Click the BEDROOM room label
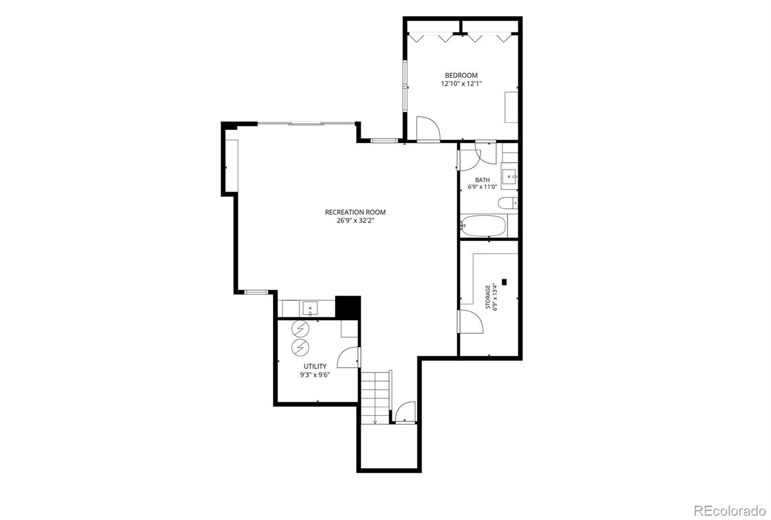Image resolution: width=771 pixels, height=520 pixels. [461, 75]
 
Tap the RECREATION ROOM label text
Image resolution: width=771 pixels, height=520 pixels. [355, 213]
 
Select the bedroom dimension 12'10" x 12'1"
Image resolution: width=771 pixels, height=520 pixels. [461, 84]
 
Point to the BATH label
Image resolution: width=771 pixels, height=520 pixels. [482, 180]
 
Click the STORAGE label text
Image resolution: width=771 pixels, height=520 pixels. [488, 297]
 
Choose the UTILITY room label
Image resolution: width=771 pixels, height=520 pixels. [315, 366]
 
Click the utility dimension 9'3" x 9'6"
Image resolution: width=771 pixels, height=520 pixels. [315, 375]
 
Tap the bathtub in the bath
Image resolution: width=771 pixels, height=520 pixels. [483, 226]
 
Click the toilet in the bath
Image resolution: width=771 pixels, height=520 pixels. [508, 203]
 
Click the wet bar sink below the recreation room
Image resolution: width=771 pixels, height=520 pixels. [310, 308]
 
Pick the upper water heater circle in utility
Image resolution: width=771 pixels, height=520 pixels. [300, 329]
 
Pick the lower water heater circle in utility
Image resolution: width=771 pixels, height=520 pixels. [300, 347]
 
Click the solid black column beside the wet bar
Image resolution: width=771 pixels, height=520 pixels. [347, 307]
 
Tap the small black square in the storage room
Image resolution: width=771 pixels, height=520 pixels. [504, 282]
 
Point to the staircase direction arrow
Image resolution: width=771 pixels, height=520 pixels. [375, 422]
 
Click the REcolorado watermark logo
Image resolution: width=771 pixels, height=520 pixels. [730, 510]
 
